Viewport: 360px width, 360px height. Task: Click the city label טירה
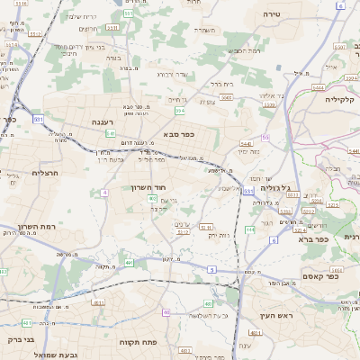click(273, 14)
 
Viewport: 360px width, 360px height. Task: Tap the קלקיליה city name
click(342, 99)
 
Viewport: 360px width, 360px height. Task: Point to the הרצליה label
click(45, 172)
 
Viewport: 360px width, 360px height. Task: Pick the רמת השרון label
click(37, 227)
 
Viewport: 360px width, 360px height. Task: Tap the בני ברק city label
click(19, 339)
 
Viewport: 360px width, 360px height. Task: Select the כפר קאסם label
click(319, 276)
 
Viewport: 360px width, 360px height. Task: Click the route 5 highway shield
click(211, 269)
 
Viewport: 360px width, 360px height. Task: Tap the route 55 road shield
click(265, 137)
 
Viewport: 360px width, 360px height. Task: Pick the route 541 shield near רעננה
click(110, 133)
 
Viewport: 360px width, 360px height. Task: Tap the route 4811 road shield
click(255, 333)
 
